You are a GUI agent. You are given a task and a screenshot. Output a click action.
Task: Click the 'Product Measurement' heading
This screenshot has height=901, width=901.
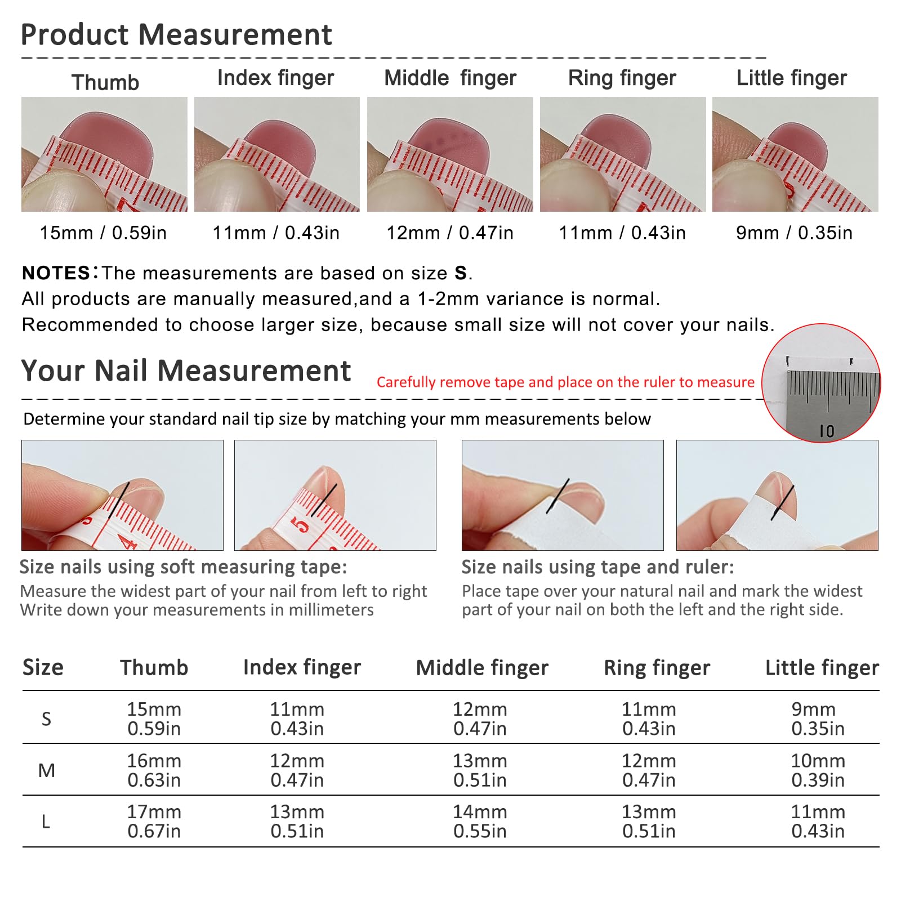[176, 35]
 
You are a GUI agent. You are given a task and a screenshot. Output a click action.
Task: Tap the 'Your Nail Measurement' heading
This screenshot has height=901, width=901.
[186, 371]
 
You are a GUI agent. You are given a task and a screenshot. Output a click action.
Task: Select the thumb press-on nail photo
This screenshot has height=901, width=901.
[104, 154]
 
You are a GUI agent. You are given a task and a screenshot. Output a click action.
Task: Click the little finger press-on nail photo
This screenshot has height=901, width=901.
[795, 154]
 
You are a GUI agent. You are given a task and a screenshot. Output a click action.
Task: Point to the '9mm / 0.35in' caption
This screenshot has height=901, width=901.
[794, 233]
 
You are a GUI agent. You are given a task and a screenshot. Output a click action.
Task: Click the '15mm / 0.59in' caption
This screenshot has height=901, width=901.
[103, 233]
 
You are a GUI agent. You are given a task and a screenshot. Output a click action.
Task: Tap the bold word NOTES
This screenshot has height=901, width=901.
[56, 273]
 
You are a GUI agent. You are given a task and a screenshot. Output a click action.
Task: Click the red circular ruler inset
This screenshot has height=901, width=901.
[821, 383]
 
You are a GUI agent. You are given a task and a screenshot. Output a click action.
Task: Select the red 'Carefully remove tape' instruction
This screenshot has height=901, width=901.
[565, 382]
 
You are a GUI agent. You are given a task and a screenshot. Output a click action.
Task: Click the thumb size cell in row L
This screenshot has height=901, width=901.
[154, 822]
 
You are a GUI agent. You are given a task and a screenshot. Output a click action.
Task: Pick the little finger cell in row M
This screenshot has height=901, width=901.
[818, 770]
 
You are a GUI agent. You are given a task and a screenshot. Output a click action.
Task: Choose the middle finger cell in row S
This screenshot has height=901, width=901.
[480, 719]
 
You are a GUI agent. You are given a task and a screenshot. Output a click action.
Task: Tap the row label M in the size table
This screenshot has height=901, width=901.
[46, 770]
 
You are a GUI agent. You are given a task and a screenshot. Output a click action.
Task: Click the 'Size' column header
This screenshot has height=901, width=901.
[43, 667]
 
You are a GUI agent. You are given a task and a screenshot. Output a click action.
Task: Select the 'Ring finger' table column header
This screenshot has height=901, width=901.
[657, 668]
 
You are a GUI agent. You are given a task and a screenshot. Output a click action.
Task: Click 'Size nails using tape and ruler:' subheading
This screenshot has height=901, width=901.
[597, 567]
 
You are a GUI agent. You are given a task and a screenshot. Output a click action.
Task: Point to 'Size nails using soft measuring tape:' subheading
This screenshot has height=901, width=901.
[183, 567]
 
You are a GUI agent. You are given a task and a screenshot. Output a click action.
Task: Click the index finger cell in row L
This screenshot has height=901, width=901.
[297, 822]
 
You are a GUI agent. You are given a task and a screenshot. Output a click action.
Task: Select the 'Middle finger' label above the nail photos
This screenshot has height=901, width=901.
[450, 78]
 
